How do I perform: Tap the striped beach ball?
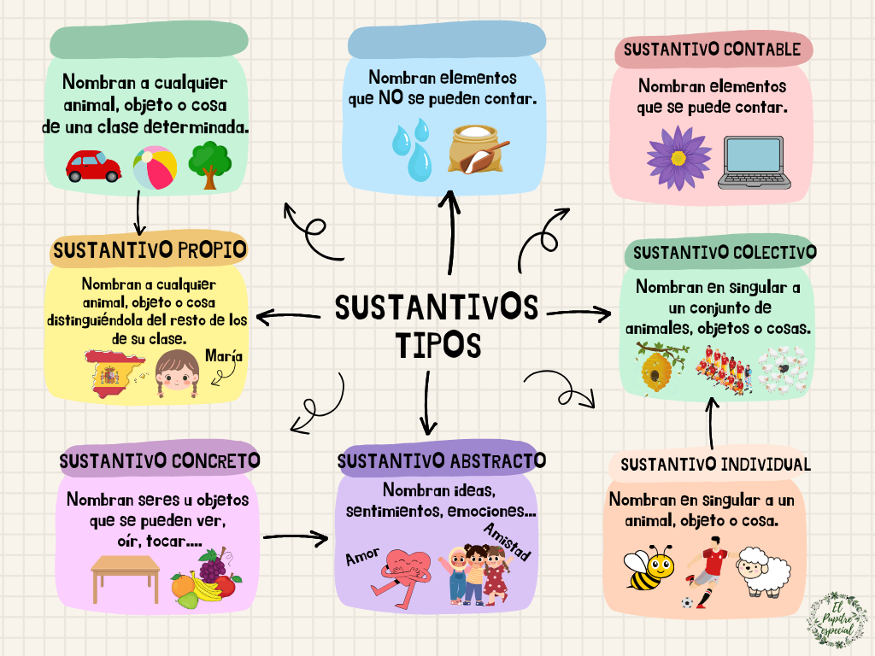pyautogui.click(x=155, y=167)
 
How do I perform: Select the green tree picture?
pyautogui.click(x=208, y=164)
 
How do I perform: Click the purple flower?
pyautogui.click(x=678, y=158)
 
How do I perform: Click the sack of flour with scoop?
pyautogui.click(x=479, y=150)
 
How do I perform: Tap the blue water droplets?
pyautogui.click(x=412, y=149)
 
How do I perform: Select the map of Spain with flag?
pyautogui.click(x=111, y=374)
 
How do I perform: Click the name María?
pyautogui.click(x=224, y=357)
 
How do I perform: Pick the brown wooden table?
pyautogui.click(x=126, y=577)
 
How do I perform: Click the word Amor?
pyautogui.click(x=362, y=558)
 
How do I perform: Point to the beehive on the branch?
pyautogui.click(x=657, y=368)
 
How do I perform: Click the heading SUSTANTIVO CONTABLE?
pyautogui.click(x=712, y=50)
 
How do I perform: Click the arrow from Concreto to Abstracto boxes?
pyautogui.click(x=296, y=537)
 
